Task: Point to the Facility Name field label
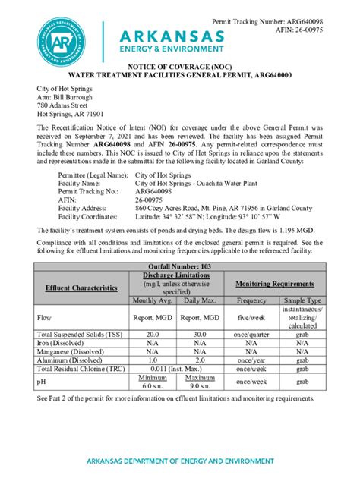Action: click(79, 184)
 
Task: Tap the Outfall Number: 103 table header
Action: click(179, 266)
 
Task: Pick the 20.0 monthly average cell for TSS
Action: click(153, 335)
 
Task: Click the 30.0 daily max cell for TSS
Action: click(200, 335)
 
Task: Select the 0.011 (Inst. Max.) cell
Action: click(176, 368)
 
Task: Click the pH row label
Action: click(41, 382)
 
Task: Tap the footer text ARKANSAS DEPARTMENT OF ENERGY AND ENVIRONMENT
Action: click(179, 461)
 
